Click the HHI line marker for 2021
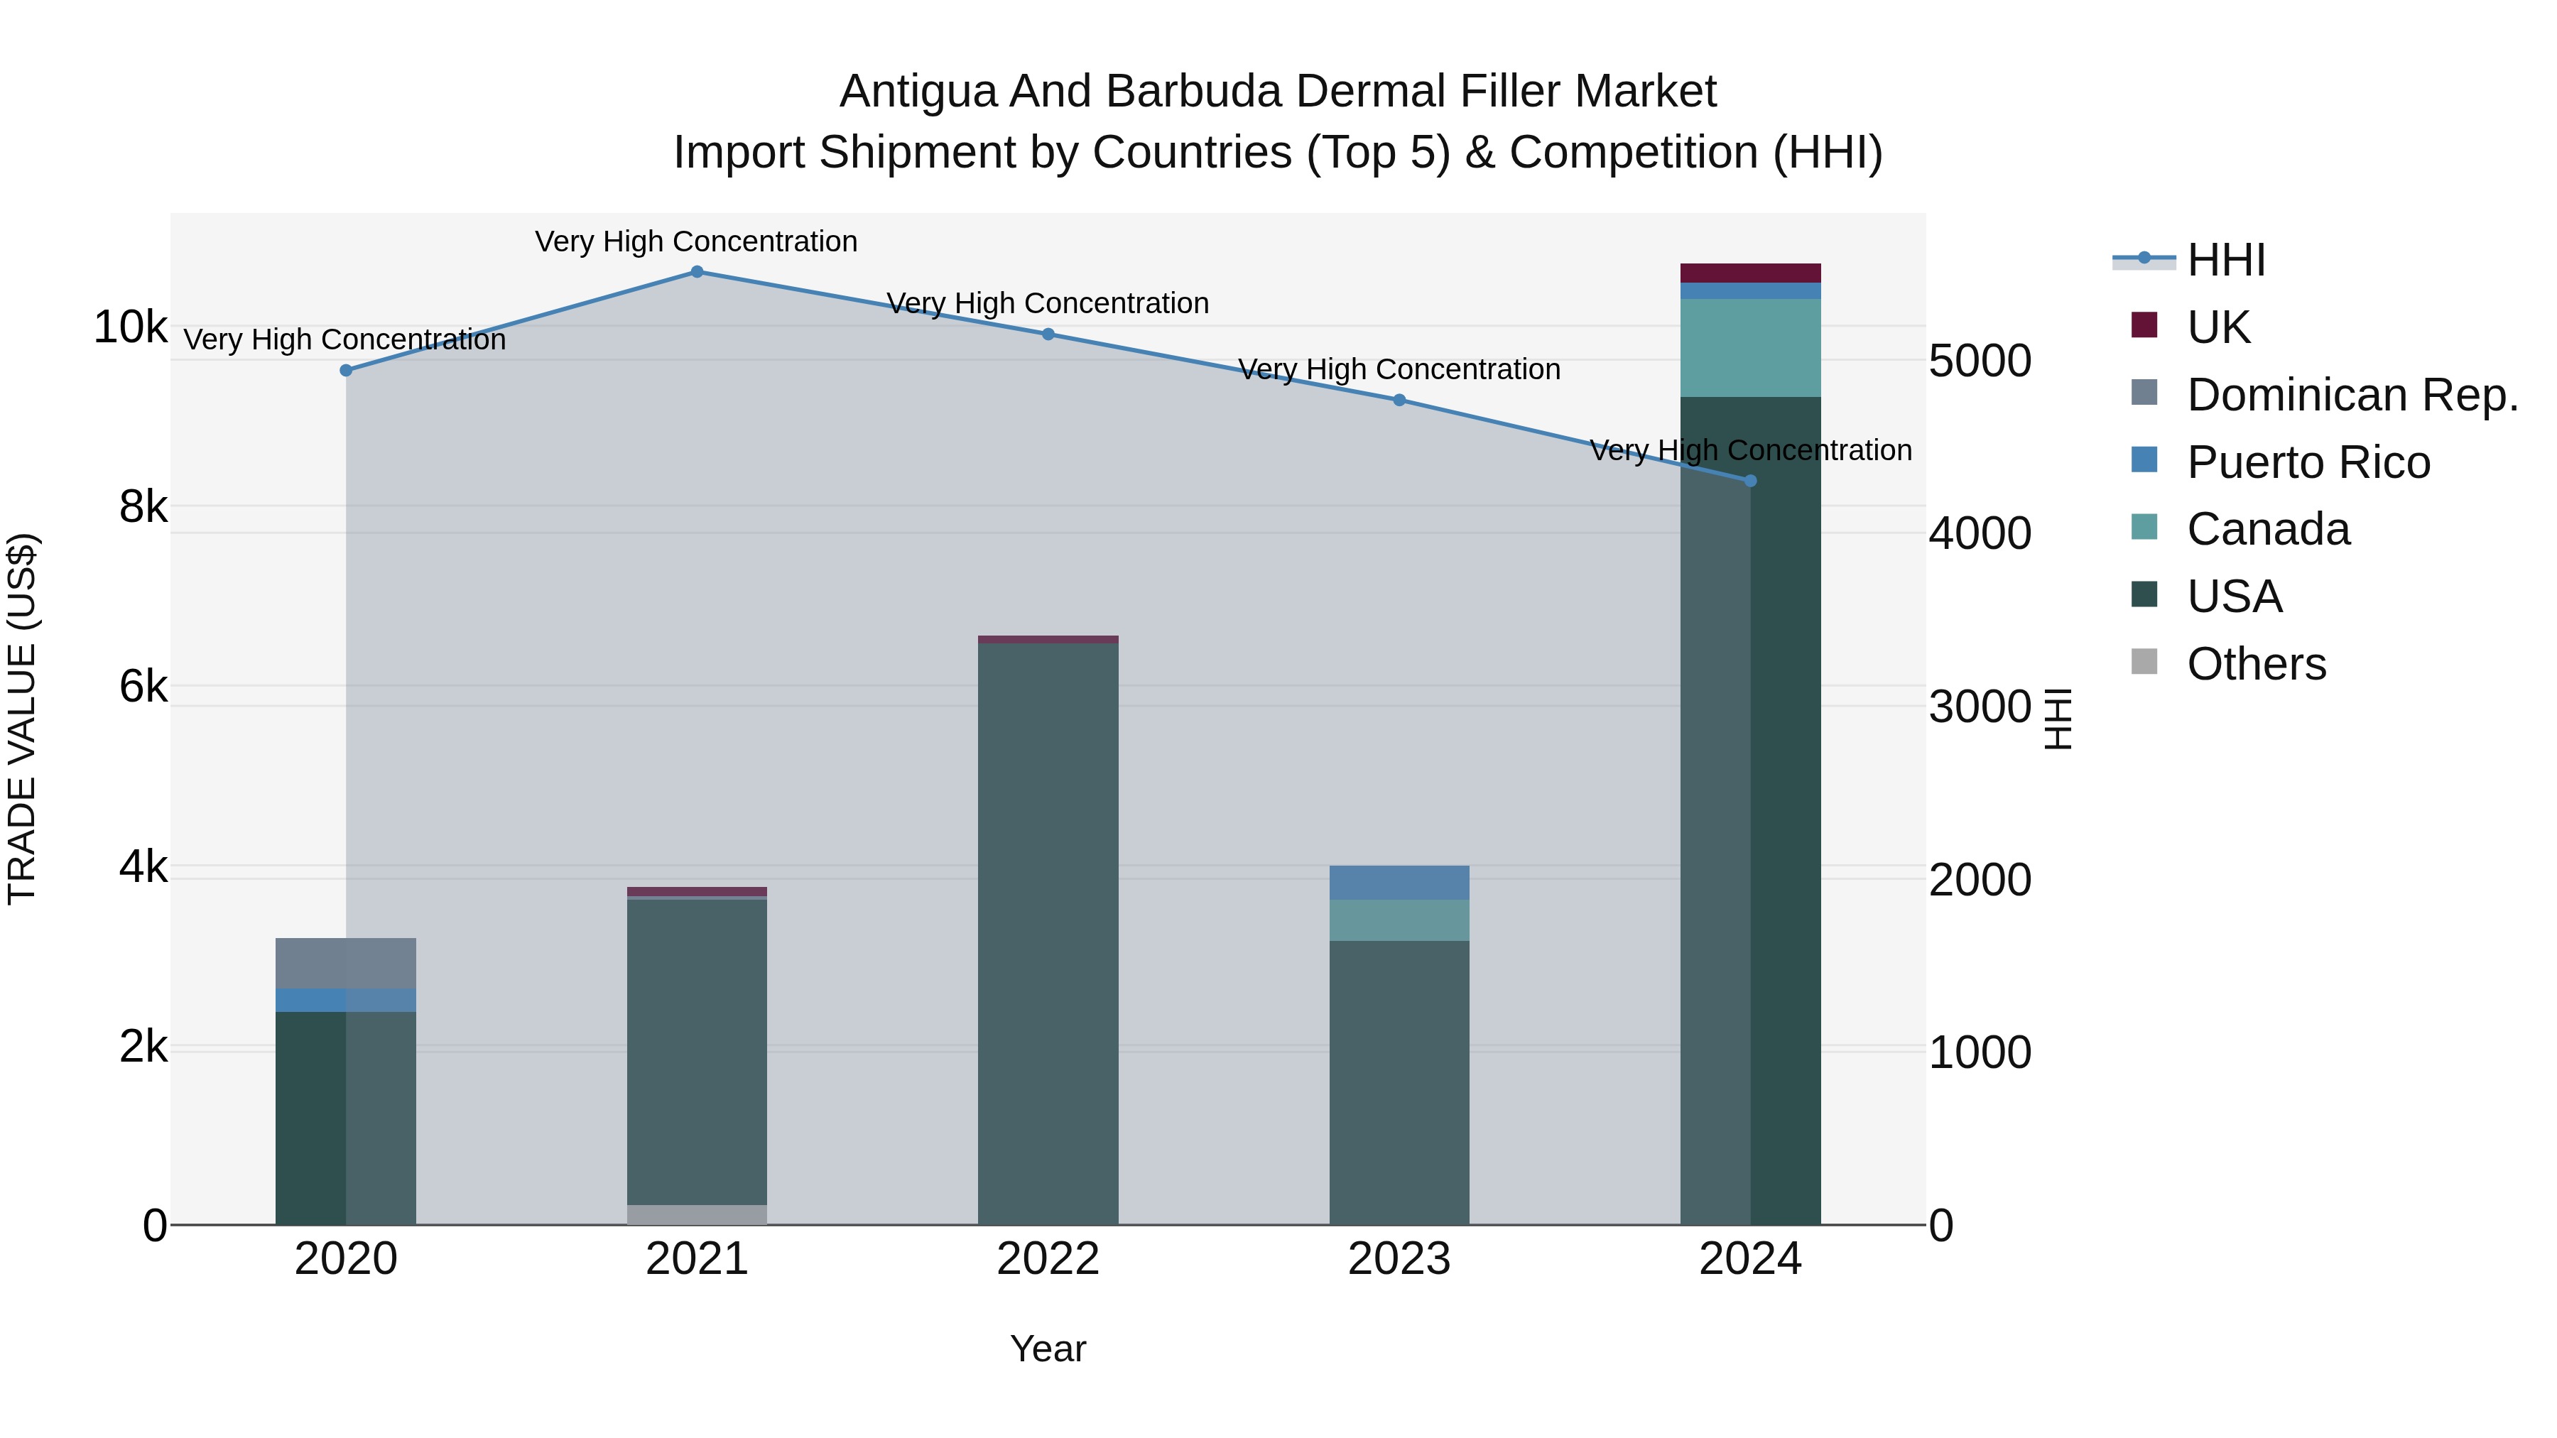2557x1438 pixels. point(697,272)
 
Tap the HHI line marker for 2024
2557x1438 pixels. point(1750,480)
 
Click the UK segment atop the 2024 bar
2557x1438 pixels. point(1750,273)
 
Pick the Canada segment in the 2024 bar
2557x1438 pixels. point(1750,347)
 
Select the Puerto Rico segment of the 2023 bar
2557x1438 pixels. point(1399,882)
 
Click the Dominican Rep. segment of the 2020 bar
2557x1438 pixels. point(345,963)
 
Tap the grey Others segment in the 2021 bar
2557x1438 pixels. point(697,1215)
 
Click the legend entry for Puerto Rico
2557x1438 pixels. point(2308,462)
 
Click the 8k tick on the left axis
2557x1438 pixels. point(143,507)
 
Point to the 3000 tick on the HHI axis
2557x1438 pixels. point(1980,707)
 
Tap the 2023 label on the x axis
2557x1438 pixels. point(1399,1259)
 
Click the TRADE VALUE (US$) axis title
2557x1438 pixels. point(22,719)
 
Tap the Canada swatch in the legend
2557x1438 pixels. point(2144,527)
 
